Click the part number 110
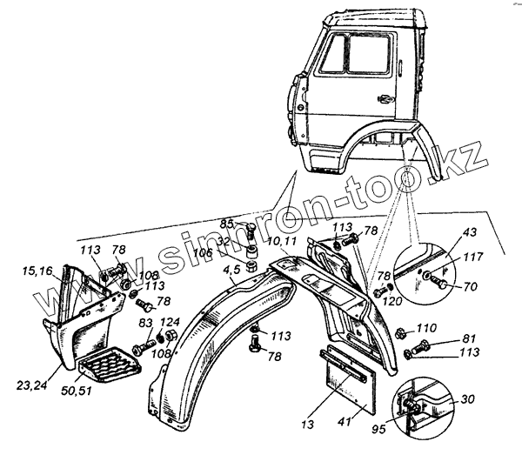pyautogui.click(x=426, y=328)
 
